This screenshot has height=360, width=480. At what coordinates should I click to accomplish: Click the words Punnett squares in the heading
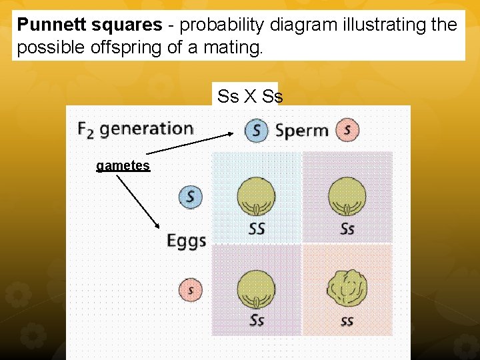89,25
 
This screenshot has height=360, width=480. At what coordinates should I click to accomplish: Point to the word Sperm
301,131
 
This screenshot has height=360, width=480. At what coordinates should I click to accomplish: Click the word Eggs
186,241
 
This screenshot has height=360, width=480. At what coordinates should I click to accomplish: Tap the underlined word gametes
123,165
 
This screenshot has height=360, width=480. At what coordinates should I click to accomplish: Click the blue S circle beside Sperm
256,130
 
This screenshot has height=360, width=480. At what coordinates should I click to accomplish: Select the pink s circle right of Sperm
347,130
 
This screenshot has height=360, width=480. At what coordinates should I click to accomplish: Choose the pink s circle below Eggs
191,291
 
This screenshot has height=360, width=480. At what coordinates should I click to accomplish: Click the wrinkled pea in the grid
346,287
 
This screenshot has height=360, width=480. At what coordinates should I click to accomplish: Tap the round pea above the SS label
256,196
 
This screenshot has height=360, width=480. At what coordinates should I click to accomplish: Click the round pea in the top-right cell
347,196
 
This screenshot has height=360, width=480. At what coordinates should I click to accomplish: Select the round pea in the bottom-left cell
256,289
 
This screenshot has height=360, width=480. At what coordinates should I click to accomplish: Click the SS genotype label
257,229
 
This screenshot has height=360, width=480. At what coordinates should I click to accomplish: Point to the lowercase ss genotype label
347,321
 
